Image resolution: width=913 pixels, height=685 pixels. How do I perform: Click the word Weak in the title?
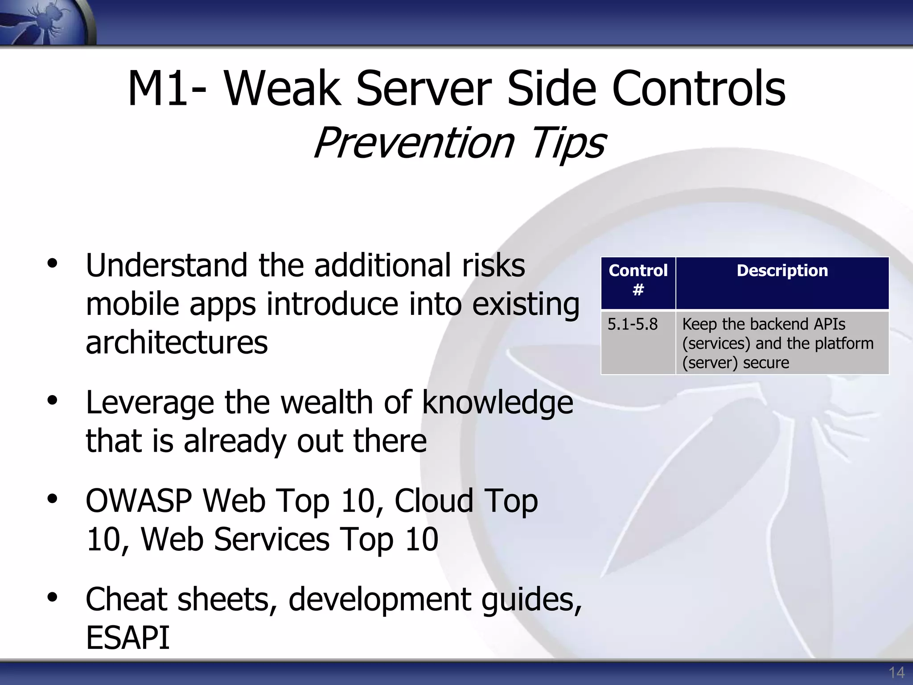coord(282,89)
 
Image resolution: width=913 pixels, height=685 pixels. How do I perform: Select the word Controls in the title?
coord(699,89)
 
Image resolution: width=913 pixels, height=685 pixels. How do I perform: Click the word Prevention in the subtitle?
coord(414,143)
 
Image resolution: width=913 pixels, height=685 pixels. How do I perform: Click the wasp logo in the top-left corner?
coord(45,22)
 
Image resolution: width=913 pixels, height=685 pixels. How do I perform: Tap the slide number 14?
coord(896,673)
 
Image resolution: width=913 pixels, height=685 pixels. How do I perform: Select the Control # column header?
coord(638,280)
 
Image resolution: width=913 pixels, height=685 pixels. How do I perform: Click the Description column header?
coord(782,271)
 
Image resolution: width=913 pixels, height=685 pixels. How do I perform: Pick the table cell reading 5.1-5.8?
coord(632,324)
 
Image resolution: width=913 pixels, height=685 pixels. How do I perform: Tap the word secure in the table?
coord(766,363)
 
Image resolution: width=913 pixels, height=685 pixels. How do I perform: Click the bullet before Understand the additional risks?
coord(53,264)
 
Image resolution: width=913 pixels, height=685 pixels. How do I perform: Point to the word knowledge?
coord(497,403)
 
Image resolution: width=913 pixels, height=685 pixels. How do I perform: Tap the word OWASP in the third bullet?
coord(139,501)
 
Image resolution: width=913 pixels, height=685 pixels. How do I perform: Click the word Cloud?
coord(433,501)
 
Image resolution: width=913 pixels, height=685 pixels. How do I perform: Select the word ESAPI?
coord(127,638)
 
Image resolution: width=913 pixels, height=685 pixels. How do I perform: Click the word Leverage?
coord(150,403)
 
